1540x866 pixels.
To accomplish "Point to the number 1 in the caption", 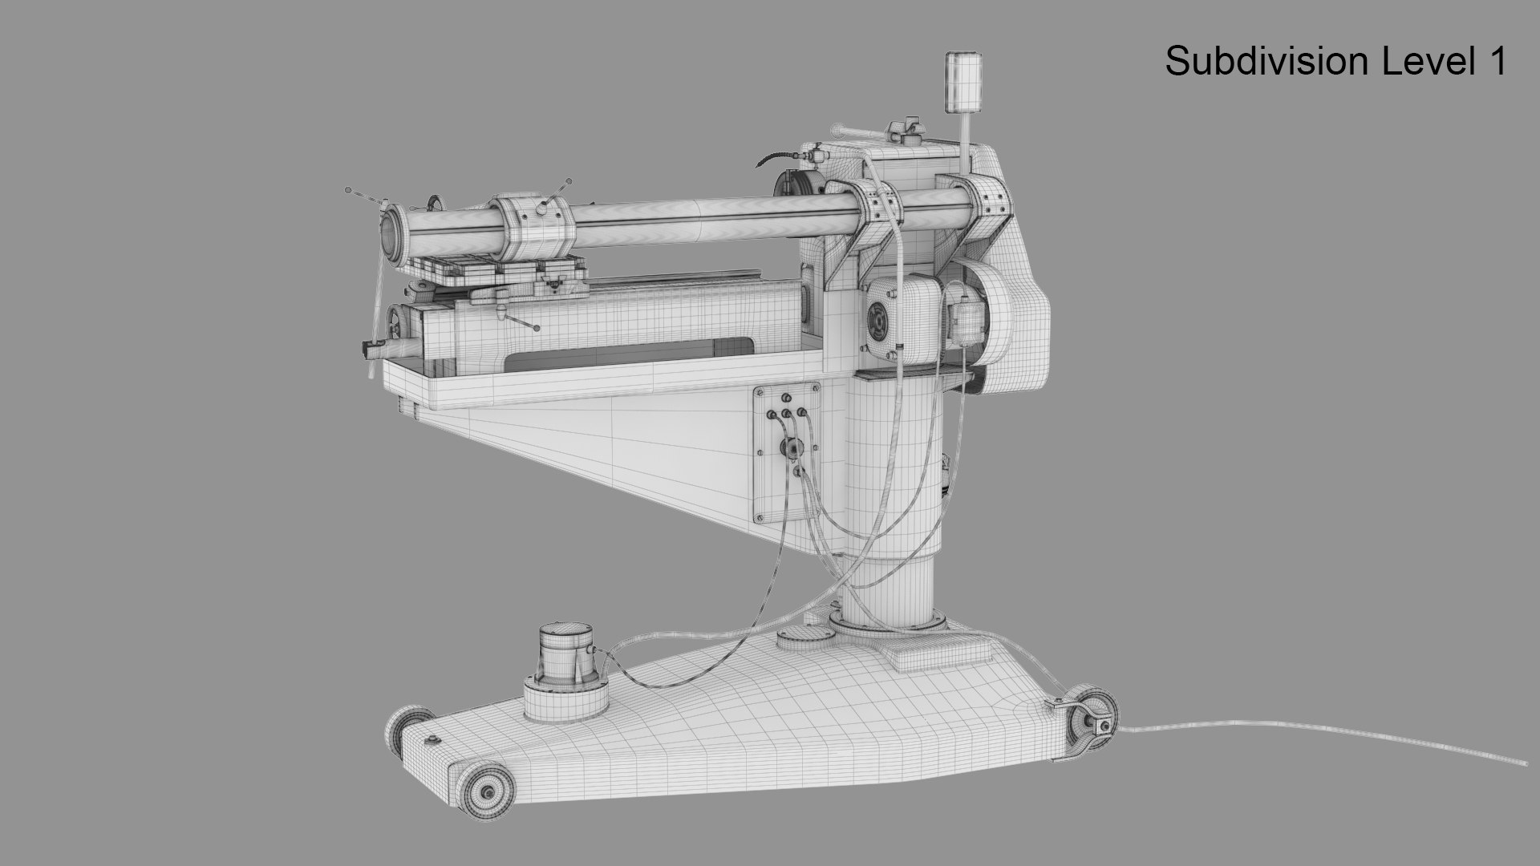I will (1497, 62).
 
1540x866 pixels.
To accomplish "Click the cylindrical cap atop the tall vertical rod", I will (963, 82).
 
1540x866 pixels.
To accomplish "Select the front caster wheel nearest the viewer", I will (485, 791).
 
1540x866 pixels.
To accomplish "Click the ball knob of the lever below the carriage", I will (535, 327).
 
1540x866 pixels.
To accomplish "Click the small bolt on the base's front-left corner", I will (434, 739).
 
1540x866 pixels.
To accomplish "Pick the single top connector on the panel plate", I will (785, 398).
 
